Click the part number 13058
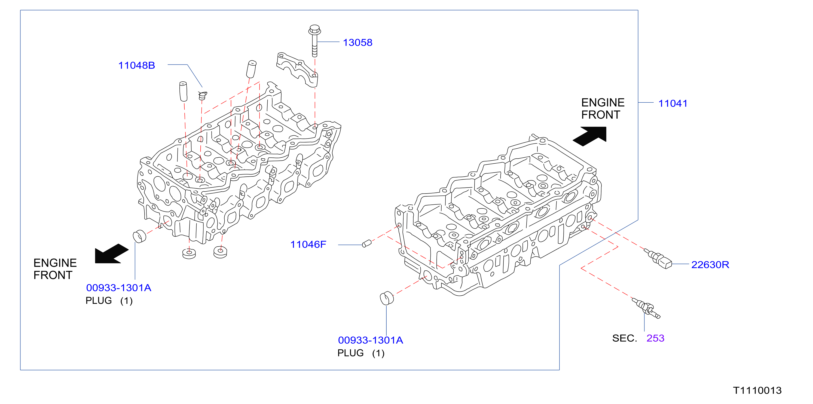click(357, 43)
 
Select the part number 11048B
click(137, 65)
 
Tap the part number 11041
click(673, 103)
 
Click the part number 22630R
click(710, 265)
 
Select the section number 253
click(655, 338)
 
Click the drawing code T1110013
click(757, 390)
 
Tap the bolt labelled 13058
click(314, 41)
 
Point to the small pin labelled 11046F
click(366, 244)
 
